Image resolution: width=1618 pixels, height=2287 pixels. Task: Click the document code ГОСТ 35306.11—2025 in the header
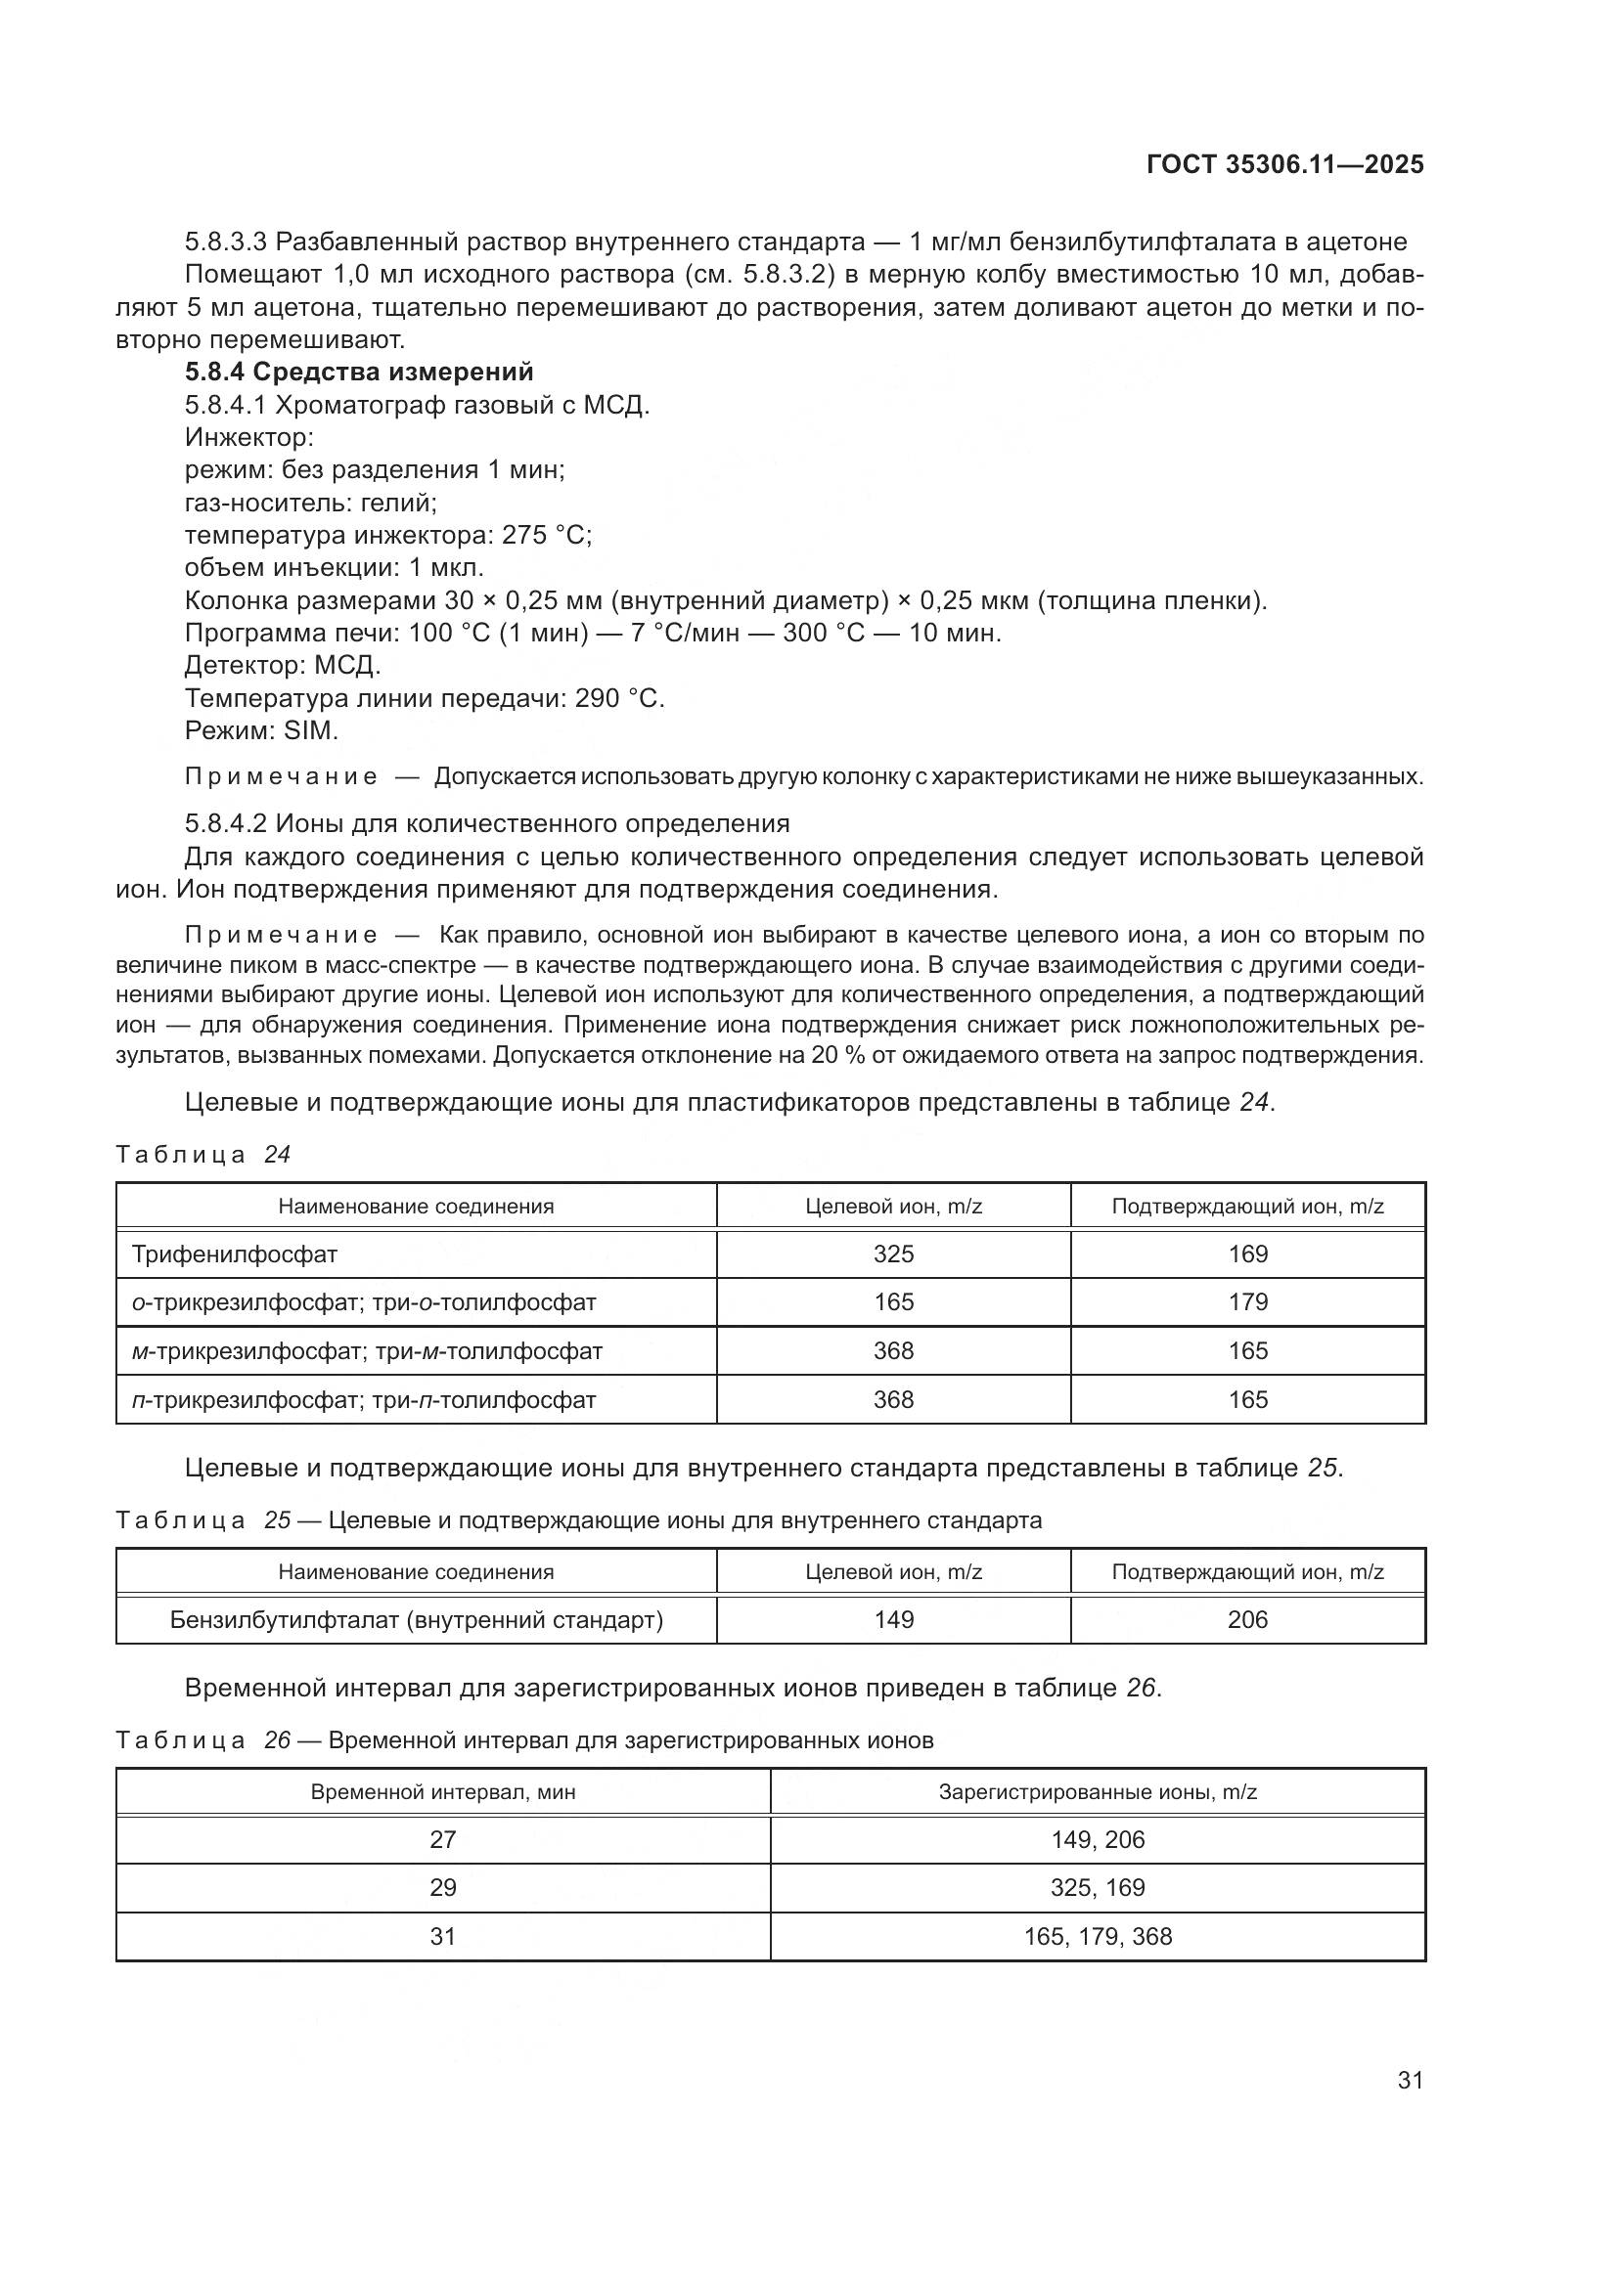1284,164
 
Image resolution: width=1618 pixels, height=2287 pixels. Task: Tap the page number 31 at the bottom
1410,2080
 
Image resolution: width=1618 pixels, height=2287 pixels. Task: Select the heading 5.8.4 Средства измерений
359,372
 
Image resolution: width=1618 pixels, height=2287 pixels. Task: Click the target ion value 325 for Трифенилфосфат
893,1254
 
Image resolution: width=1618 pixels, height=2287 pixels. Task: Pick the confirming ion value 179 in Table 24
1247,1301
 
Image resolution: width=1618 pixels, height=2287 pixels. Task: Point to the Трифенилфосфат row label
234,1254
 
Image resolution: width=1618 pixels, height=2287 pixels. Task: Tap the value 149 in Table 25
893,1619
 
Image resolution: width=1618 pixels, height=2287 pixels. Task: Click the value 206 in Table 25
1247,1619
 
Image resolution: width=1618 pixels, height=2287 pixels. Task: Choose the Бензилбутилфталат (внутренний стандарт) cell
417,1619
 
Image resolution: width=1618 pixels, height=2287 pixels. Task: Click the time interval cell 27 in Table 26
442,1840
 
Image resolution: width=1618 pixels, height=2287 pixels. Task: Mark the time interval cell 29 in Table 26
442,1887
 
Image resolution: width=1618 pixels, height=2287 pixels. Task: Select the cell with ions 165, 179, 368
1097,1936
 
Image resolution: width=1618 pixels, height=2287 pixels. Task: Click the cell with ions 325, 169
1097,1887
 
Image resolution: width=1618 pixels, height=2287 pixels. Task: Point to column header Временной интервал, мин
442,1792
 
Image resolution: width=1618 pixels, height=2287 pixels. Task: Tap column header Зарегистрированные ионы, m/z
1097,1792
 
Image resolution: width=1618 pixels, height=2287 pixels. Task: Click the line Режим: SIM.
261,730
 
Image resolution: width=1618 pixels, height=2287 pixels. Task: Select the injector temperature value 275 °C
546,535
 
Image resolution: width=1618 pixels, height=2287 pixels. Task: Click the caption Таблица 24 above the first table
203,1155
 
